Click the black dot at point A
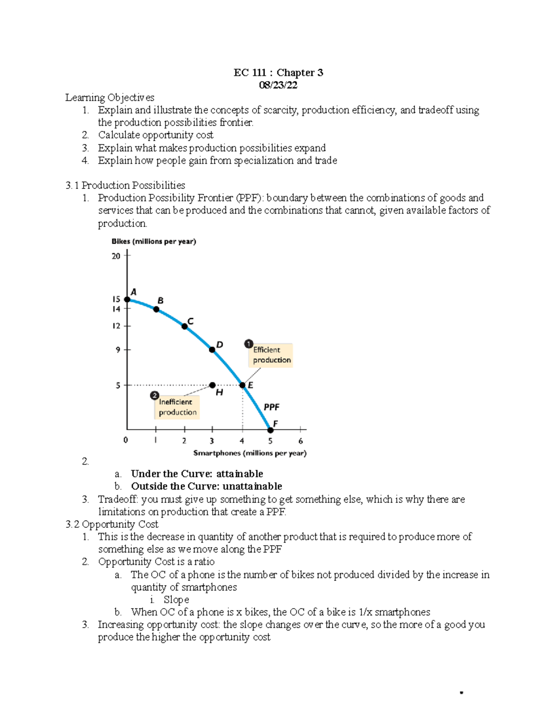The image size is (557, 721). (127, 299)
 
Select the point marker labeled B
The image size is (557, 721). (156, 309)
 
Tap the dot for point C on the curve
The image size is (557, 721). (184, 327)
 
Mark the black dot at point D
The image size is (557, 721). (212, 350)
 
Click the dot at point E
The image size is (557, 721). (242, 385)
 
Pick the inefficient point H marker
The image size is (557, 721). (212, 385)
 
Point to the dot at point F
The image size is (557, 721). (271, 430)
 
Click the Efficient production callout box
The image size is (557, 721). (272, 355)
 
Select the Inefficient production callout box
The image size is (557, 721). (177, 407)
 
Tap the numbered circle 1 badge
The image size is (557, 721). (248, 344)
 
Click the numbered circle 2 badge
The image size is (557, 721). (154, 396)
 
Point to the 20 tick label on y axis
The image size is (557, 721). (116, 256)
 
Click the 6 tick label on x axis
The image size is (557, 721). (300, 441)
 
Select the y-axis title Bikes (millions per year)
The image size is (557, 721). (154, 241)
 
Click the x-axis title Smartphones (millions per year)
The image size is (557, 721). (250, 453)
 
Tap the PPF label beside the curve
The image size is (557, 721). (272, 407)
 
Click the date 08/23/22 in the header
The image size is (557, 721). (278, 85)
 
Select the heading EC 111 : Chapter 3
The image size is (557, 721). (278, 72)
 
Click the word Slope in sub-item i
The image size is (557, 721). (176, 599)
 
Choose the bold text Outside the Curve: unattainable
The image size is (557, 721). (207, 486)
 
